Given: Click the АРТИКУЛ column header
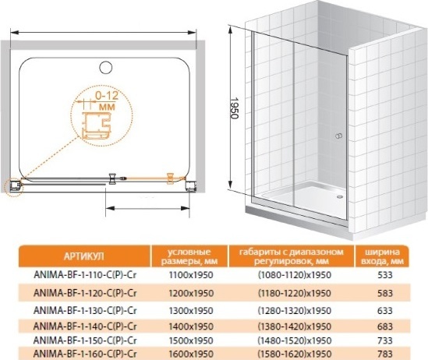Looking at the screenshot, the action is (84, 256).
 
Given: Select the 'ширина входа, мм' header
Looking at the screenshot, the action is (382, 256).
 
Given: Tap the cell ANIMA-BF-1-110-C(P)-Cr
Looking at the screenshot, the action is (85, 275).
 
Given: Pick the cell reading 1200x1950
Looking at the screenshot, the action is (191, 293).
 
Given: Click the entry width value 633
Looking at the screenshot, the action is (385, 311).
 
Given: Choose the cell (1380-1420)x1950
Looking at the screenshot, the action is (295, 326).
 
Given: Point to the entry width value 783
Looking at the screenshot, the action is (385, 354).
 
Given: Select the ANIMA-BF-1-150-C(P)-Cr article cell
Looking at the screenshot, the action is (85, 341).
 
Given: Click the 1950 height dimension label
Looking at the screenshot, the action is (234, 108).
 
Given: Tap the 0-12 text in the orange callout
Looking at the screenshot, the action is (107, 95).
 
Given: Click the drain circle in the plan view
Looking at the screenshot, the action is (106, 67).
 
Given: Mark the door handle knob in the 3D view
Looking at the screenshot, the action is (339, 136).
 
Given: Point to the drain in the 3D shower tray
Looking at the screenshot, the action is (340, 196).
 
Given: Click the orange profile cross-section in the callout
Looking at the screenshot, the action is (97, 125).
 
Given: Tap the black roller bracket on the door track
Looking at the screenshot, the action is (111, 178).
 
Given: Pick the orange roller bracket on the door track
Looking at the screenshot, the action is (170, 178).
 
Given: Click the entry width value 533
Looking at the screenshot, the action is (385, 275).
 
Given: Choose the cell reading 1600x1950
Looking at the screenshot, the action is (191, 354).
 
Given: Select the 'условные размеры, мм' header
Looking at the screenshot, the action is (189, 256).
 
